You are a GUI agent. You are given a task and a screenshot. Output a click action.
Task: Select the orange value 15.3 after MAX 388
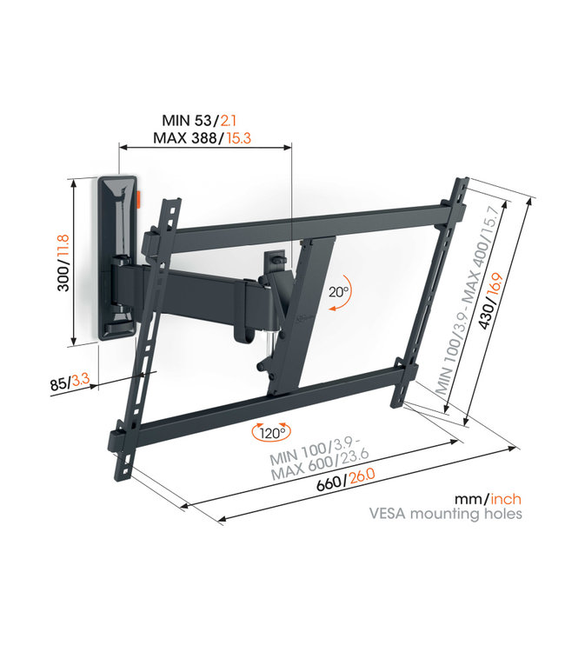pyautogui.click(x=245, y=137)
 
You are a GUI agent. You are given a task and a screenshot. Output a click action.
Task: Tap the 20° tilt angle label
pyautogui.click(x=337, y=293)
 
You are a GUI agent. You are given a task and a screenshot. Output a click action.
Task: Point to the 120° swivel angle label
pyautogui.click(x=270, y=432)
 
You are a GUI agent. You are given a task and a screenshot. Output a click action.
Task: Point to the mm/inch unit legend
pyautogui.click(x=487, y=499)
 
